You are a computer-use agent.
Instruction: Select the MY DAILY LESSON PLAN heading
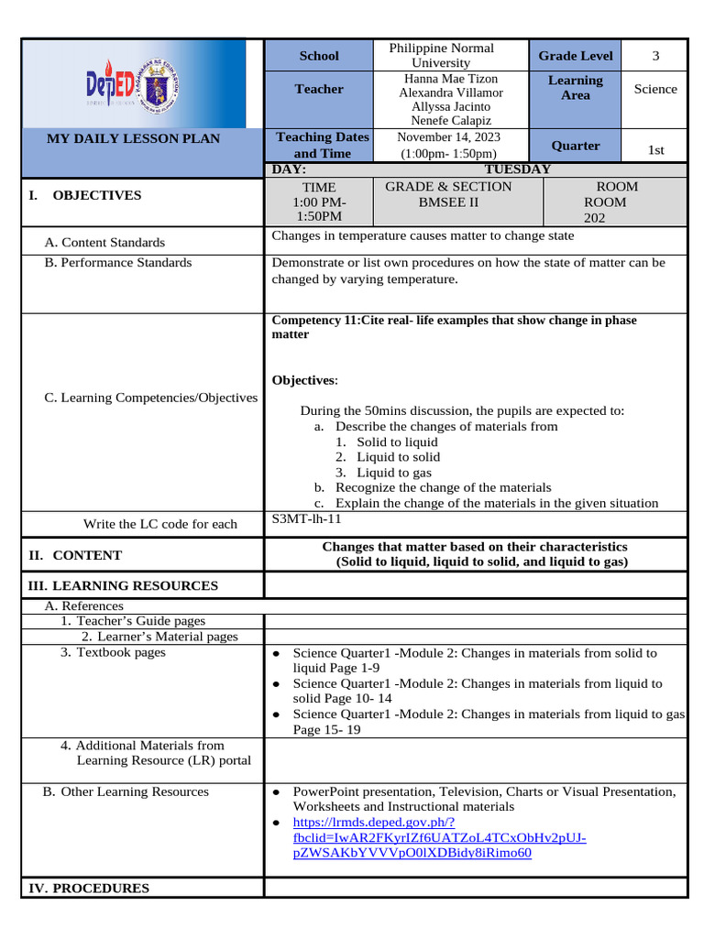(134, 138)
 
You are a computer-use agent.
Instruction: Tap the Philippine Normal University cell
(441, 55)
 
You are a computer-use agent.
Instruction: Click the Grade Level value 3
(655, 56)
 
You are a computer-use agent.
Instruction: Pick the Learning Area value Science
(655, 89)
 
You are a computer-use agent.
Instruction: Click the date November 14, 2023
(449, 136)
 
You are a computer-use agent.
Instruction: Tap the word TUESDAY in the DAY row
(517, 169)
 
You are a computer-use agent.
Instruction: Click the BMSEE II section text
(448, 202)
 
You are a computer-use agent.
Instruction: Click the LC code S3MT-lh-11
(306, 518)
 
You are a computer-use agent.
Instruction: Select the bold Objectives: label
(305, 380)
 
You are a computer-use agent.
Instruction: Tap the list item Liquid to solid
(398, 456)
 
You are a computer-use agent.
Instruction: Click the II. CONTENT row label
(75, 555)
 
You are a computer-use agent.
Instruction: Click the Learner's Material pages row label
(159, 636)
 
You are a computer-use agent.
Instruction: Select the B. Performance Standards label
(118, 263)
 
